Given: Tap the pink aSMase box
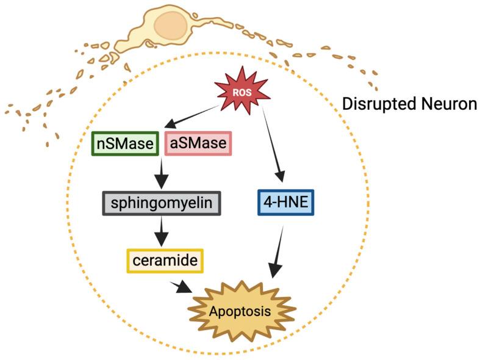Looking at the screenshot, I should [198, 144].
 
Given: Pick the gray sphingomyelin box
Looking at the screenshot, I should [162, 203].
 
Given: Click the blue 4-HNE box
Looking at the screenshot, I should [285, 203].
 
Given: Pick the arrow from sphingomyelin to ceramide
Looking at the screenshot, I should [162, 231].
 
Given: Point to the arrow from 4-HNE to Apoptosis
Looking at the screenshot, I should [278, 250].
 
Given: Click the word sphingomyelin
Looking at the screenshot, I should [162, 203].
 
